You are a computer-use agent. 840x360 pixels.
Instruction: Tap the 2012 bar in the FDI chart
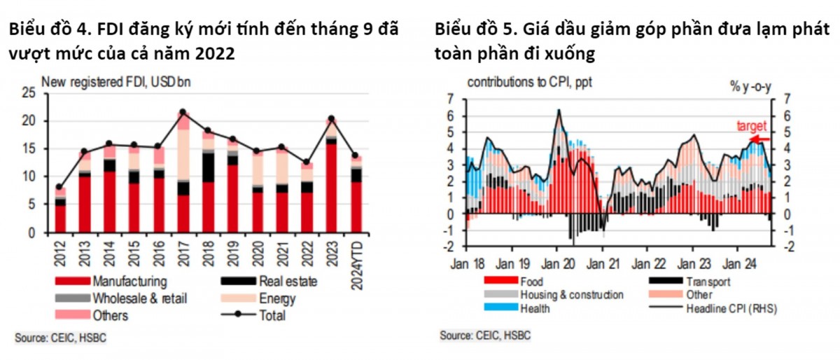tap(60, 209)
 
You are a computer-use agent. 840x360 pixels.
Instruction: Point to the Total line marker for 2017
tap(183, 112)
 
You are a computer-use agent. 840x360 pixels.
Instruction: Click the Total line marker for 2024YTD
tap(356, 155)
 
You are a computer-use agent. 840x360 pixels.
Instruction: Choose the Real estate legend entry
tap(287, 282)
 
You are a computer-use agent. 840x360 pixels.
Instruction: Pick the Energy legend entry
tap(277, 299)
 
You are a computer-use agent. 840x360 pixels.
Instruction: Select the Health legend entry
tap(535, 308)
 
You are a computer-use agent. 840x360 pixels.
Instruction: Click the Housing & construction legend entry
tap(570, 295)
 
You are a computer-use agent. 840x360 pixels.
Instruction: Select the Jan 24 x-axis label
tap(738, 265)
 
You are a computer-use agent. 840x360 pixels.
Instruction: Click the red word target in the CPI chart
tap(751, 127)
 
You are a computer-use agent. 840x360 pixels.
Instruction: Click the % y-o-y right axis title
tap(752, 86)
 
